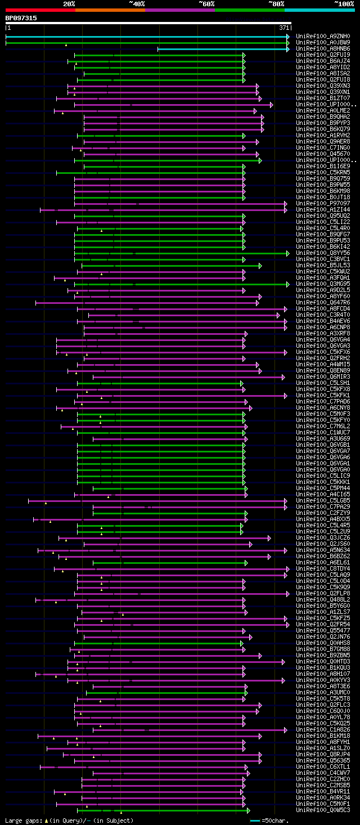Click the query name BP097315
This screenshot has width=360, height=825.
[x=21, y=18]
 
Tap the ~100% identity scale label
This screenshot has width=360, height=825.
[x=343, y=3]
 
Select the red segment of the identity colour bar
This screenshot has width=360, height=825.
[x=40, y=10]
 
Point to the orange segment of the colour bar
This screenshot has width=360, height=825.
[x=110, y=10]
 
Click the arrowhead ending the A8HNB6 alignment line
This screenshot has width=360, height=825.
[x=287, y=49]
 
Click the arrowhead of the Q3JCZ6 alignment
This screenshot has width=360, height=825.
[x=269, y=538]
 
